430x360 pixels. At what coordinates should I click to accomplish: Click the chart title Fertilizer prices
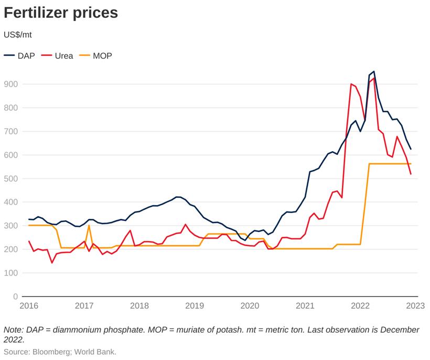click(x=61, y=13)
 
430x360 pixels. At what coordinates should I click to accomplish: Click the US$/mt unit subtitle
click(x=18, y=35)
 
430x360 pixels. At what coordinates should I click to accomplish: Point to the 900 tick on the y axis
click(x=11, y=84)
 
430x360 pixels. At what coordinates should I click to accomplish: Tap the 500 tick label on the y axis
click(x=11, y=178)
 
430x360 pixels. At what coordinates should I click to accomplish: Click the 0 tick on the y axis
click(x=15, y=297)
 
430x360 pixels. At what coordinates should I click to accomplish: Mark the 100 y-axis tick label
click(x=11, y=273)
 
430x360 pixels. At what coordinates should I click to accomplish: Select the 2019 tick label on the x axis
click(x=194, y=305)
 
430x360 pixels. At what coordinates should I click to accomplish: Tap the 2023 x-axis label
click(x=415, y=305)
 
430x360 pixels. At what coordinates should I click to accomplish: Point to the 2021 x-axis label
click(x=305, y=305)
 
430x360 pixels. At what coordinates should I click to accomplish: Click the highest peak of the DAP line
click(x=373, y=71)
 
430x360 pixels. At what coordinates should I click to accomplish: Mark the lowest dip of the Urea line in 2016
click(x=52, y=262)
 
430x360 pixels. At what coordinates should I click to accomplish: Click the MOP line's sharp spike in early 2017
click(x=89, y=226)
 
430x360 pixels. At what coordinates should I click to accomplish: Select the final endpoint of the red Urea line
click(x=411, y=174)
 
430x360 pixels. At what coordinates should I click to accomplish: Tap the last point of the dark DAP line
click(x=411, y=149)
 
